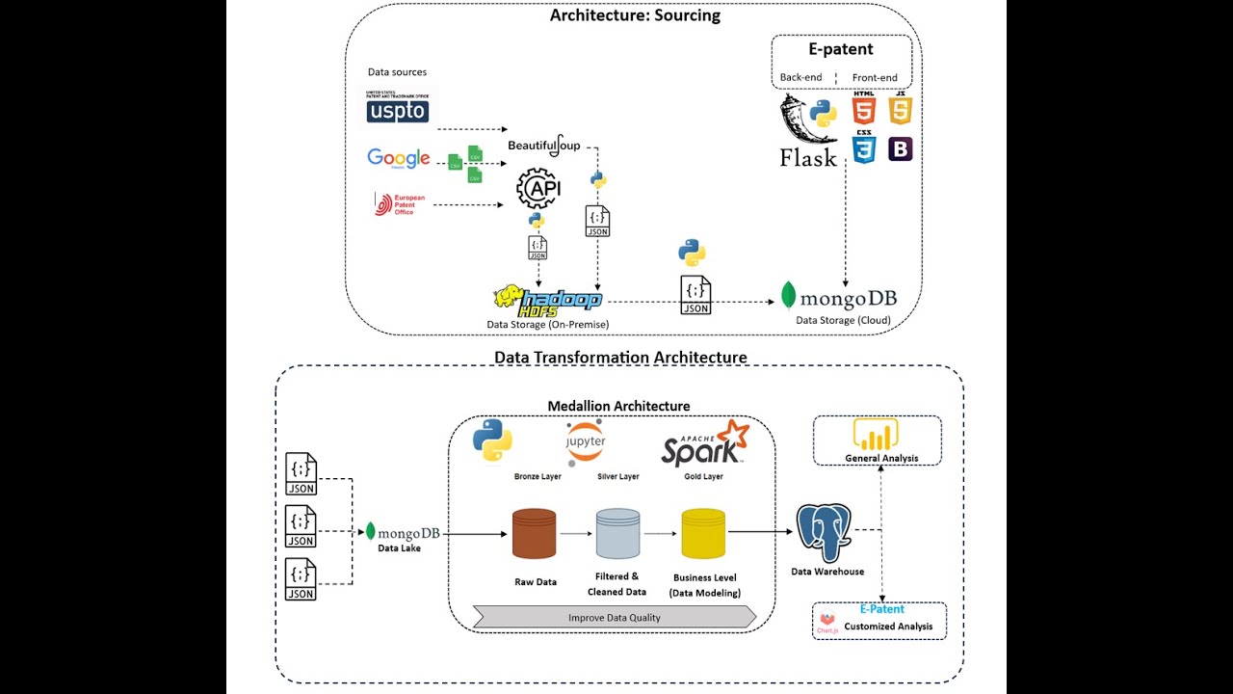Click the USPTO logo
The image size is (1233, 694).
click(x=397, y=108)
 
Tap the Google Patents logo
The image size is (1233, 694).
click(x=398, y=159)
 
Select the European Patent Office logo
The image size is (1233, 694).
click(x=399, y=204)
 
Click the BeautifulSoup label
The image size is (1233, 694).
click(x=544, y=146)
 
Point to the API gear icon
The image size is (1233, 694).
click(x=538, y=189)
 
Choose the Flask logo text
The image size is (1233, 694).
click(x=807, y=158)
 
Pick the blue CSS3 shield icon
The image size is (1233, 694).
click(x=864, y=148)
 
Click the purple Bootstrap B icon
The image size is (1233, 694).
click(x=901, y=148)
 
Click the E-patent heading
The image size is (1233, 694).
click(x=841, y=49)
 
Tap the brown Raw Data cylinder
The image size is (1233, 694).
click(x=534, y=534)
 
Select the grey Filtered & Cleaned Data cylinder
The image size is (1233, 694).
click(x=617, y=534)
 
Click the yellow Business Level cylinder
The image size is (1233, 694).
click(x=703, y=534)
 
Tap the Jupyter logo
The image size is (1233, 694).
click(x=586, y=441)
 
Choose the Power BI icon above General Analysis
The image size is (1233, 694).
click(x=879, y=435)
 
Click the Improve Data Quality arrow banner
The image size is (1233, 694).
click(x=615, y=617)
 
